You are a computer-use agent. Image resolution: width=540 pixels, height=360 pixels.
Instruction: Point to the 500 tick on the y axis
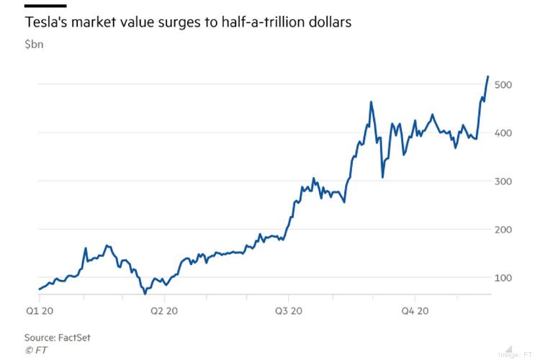click(504, 85)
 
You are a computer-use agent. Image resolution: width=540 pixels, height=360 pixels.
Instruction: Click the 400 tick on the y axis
click(504, 133)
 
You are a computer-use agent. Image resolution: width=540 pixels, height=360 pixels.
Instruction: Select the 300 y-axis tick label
click(504, 181)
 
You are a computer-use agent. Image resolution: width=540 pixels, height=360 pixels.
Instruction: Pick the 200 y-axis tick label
click(504, 230)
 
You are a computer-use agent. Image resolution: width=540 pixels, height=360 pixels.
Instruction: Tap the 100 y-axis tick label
click(504, 278)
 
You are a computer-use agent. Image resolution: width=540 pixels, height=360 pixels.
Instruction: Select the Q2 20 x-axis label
click(165, 310)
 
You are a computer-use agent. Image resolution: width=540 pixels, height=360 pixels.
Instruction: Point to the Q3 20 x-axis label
click(289, 310)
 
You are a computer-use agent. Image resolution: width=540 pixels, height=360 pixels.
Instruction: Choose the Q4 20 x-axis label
click(415, 310)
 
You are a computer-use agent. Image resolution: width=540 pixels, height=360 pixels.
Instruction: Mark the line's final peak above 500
click(488, 76)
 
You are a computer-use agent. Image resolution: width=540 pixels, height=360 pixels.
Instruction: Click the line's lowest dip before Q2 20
click(145, 293)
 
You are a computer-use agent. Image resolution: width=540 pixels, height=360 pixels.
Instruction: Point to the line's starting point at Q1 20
click(39, 289)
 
